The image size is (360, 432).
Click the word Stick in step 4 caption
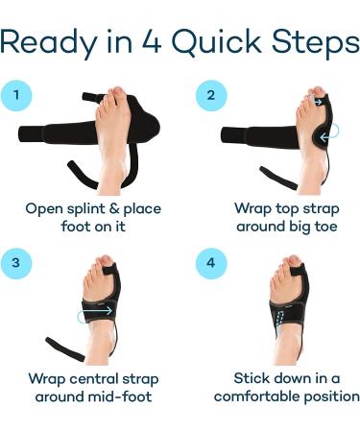(x=253, y=377)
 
